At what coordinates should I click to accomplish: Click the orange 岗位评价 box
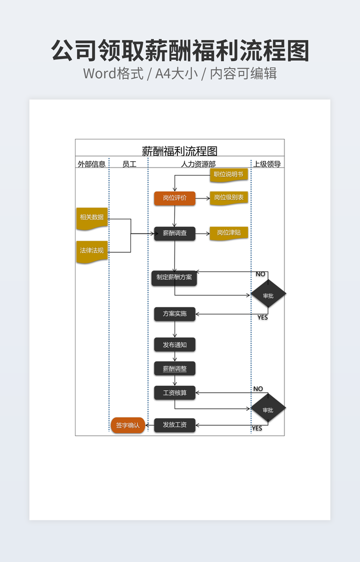[175, 198]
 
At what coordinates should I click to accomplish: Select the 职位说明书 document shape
[228, 174]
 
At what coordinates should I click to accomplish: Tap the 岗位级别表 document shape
[228, 197]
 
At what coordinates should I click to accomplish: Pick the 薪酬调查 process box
[175, 233]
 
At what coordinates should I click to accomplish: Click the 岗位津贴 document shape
[228, 233]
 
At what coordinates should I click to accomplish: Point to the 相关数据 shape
[92, 217]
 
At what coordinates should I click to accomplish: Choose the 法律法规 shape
[92, 251]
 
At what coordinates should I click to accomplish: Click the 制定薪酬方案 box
[174, 277]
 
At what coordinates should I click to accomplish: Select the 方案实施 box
[175, 314]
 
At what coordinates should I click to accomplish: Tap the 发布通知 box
[175, 345]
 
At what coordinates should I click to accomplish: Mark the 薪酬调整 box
[175, 368]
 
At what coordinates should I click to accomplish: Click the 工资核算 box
[175, 393]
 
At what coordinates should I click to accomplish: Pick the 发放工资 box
[175, 425]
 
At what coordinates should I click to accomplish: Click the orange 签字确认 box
[128, 425]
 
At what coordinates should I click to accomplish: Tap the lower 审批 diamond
[268, 409]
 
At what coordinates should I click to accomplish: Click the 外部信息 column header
[92, 164]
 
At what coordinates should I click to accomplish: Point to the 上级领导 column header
[267, 164]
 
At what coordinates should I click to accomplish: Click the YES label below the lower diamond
[257, 428]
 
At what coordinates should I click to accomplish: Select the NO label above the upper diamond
[260, 274]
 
